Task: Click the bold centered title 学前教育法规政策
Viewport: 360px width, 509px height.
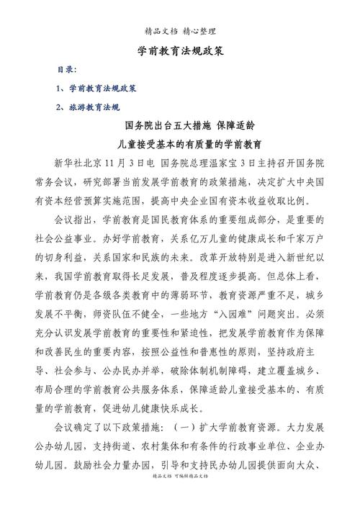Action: coord(180,52)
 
